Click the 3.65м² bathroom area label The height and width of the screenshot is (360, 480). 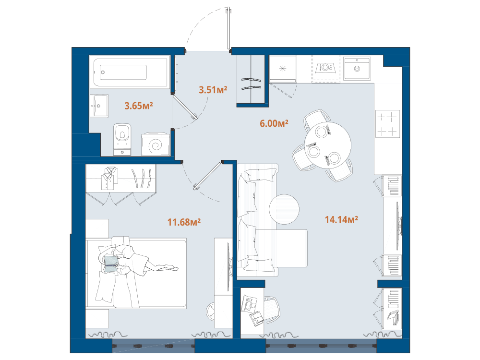(138, 106)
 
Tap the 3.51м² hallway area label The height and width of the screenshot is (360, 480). (213, 90)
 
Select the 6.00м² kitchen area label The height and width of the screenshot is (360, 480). (274, 123)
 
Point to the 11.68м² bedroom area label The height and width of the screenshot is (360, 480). (184, 222)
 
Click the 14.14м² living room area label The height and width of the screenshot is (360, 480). (341, 219)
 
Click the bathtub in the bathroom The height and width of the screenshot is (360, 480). (131, 72)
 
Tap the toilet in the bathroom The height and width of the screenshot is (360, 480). (122, 139)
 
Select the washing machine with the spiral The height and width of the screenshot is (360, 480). (156, 144)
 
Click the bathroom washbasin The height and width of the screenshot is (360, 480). (99, 106)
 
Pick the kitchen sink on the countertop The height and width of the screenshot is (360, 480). (357, 68)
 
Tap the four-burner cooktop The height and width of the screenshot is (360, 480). (387, 124)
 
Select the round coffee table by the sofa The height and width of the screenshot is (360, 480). (284, 209)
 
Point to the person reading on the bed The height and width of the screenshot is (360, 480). (135, 260)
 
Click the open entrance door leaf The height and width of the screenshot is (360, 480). (228, 28)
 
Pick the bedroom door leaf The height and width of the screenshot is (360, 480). (207, 176)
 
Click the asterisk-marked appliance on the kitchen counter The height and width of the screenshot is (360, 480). (283, 69)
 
